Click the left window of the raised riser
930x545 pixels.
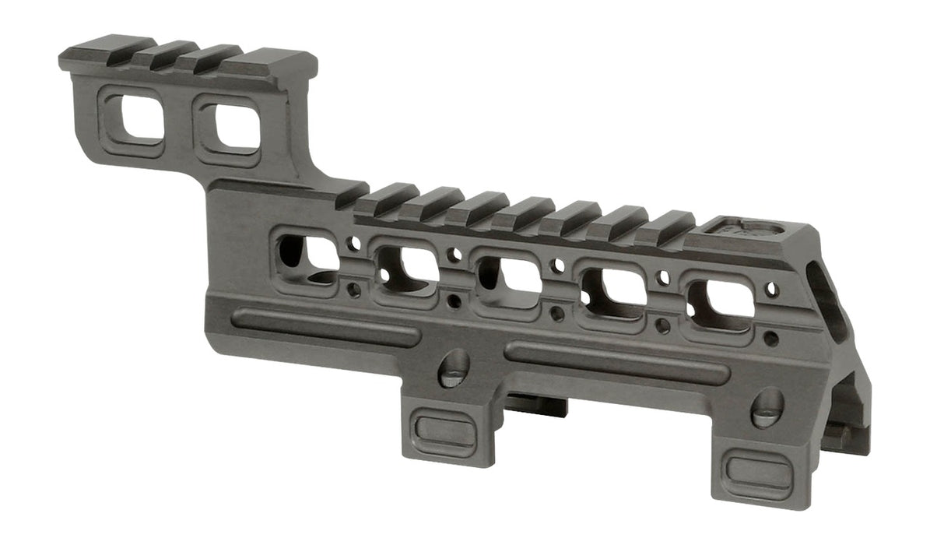(x=132, y=121)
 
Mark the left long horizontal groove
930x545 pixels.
(x=325, y=326)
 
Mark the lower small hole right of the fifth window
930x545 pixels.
(x=770, y=339)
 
